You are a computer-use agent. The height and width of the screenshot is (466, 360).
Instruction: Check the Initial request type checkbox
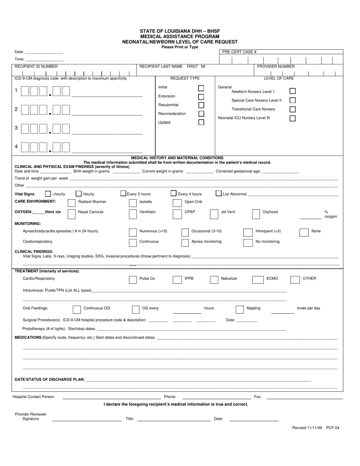[x=201, y=88]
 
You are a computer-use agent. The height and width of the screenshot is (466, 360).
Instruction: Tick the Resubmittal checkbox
[x=201, y=105]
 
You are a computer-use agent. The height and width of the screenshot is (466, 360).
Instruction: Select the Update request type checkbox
[x=201, y=122]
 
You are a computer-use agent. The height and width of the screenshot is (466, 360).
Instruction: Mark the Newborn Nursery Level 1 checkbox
[x=293, y=91]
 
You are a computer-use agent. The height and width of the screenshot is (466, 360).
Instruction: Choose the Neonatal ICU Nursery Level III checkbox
[x=293, y=118]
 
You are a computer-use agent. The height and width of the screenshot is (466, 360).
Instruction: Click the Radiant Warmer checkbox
[x=71, y=203]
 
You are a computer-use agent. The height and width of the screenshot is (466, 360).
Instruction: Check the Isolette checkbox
[x=133, y=203]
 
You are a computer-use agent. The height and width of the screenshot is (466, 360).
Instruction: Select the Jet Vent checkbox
[x=214, y=214]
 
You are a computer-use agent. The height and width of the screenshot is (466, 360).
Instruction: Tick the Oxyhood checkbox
[x=256, y=214]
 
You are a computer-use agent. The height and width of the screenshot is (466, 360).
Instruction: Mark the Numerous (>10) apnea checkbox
[x=133, y=232]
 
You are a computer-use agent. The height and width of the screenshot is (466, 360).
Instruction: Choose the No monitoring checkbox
[x=248, y=242]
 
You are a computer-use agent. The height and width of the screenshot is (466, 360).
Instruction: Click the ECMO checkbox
[x=256, y=280]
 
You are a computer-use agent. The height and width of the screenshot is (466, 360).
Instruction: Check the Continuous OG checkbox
[x=77, y=310]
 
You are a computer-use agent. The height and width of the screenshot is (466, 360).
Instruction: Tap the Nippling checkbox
[x=239, y=310]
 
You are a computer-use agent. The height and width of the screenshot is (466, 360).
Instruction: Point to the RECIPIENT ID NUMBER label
[x=36, y=66]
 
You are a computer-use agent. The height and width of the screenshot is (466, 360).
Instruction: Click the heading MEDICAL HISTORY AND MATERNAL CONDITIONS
[x=177, y=158]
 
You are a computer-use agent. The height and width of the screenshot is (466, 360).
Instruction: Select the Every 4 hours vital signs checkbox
[x=174, y=193]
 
